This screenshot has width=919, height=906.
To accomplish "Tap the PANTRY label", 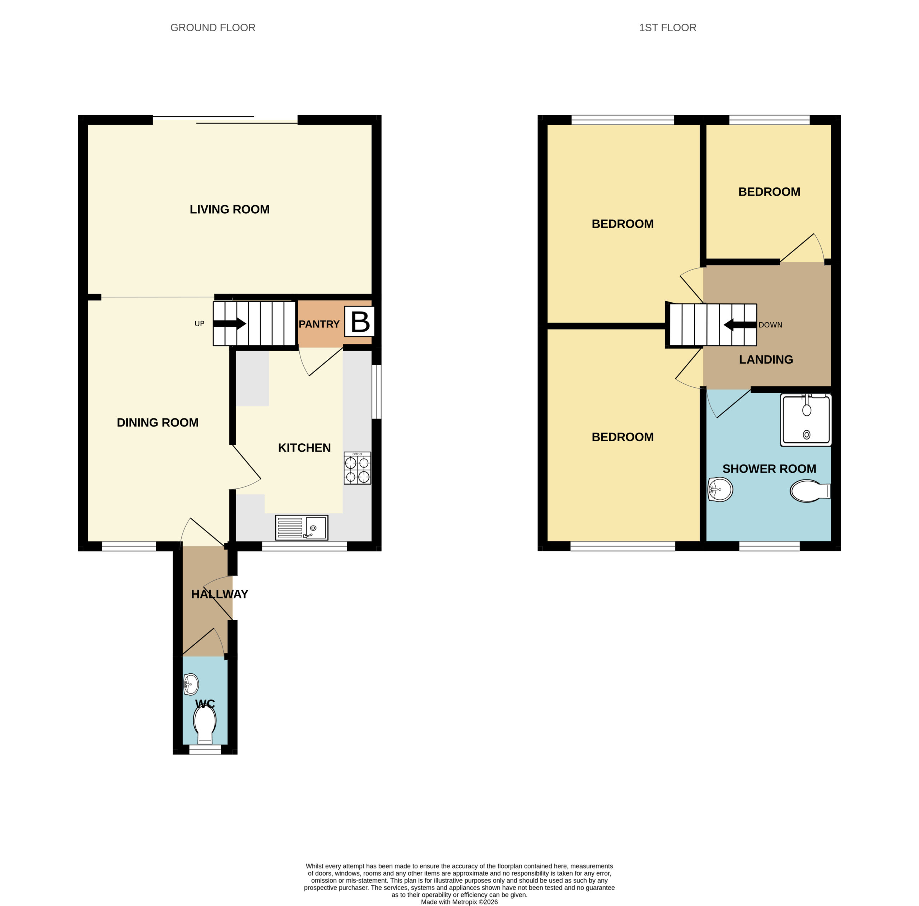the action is click(319, 324).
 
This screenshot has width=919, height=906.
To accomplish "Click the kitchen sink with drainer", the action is click(302, 527).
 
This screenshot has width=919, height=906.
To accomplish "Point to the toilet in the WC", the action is click(205, 725).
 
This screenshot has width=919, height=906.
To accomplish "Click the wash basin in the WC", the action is click(191, 685).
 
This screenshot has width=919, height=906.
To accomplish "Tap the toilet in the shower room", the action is click(810, 491).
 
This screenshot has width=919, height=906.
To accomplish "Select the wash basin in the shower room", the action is click(720, 489).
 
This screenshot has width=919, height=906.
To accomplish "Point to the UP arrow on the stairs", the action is click(229, 324).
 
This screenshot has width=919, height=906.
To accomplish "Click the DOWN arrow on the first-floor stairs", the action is click(740, 325).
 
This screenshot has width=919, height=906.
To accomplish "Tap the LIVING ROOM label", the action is click(230, 209).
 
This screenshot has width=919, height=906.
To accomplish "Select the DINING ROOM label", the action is click(158, 422).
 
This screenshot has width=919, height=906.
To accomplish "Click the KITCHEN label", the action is click(304, 448).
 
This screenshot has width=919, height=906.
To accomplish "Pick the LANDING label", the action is click(766, 360).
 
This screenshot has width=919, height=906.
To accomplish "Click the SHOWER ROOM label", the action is click(769, 468).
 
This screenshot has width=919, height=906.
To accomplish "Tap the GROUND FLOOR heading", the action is click(213, 28).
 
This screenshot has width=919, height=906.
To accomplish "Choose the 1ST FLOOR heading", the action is click(667, 28).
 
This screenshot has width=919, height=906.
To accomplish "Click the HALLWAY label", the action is click(220, 594).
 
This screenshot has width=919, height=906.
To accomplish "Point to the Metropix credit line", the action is click(459, 902).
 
